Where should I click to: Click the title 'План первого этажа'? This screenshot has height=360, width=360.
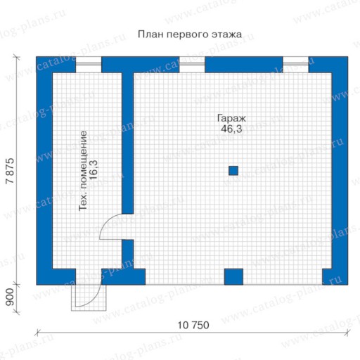pos(190,34)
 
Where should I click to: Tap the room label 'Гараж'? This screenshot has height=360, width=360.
pos(231,118)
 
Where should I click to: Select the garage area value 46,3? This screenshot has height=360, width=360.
pos(231,129)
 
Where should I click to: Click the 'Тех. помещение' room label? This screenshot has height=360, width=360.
pos(83,171)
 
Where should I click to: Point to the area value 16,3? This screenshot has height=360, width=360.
pos(94,170)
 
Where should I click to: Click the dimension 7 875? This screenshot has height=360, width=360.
pos(10,171)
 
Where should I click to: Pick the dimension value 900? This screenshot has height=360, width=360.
pos(10,297)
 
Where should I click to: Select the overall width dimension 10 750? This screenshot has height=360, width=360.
pos(193,326)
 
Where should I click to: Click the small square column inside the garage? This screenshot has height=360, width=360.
pos(233,171)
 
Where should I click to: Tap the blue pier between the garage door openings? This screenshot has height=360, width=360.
pos(233,277)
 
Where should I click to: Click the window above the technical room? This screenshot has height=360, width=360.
pos(89,65)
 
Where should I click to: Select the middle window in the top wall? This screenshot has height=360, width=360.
pos(192,65)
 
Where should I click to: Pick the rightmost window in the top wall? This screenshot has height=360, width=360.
pos(296,65)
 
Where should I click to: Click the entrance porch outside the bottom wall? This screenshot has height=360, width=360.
pos(89,298)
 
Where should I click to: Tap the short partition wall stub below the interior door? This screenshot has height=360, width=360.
pos(128,254)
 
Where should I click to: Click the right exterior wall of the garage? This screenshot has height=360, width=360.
pos(340,171)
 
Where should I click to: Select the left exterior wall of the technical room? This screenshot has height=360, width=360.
pos(44,171)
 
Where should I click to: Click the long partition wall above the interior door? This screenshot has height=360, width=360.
pos(128,143)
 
